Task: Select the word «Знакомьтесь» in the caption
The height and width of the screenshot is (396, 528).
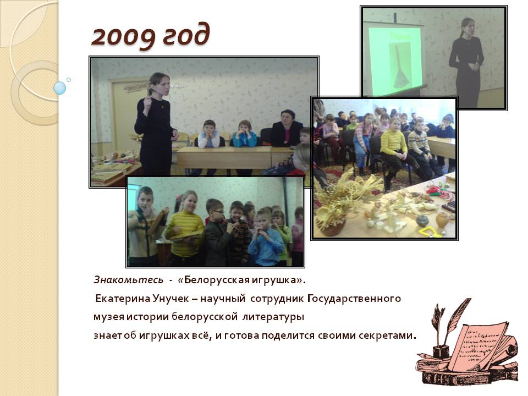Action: tap(128, 280)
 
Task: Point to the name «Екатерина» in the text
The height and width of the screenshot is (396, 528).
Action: tap(123, 299)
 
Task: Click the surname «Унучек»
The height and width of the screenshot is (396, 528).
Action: tap(170, 299)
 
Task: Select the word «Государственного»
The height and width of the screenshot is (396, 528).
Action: tap(354, 299)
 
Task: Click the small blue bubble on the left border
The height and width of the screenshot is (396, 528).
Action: tap(60, 88)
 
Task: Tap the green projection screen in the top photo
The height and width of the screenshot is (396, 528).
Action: tap(395, 61)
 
